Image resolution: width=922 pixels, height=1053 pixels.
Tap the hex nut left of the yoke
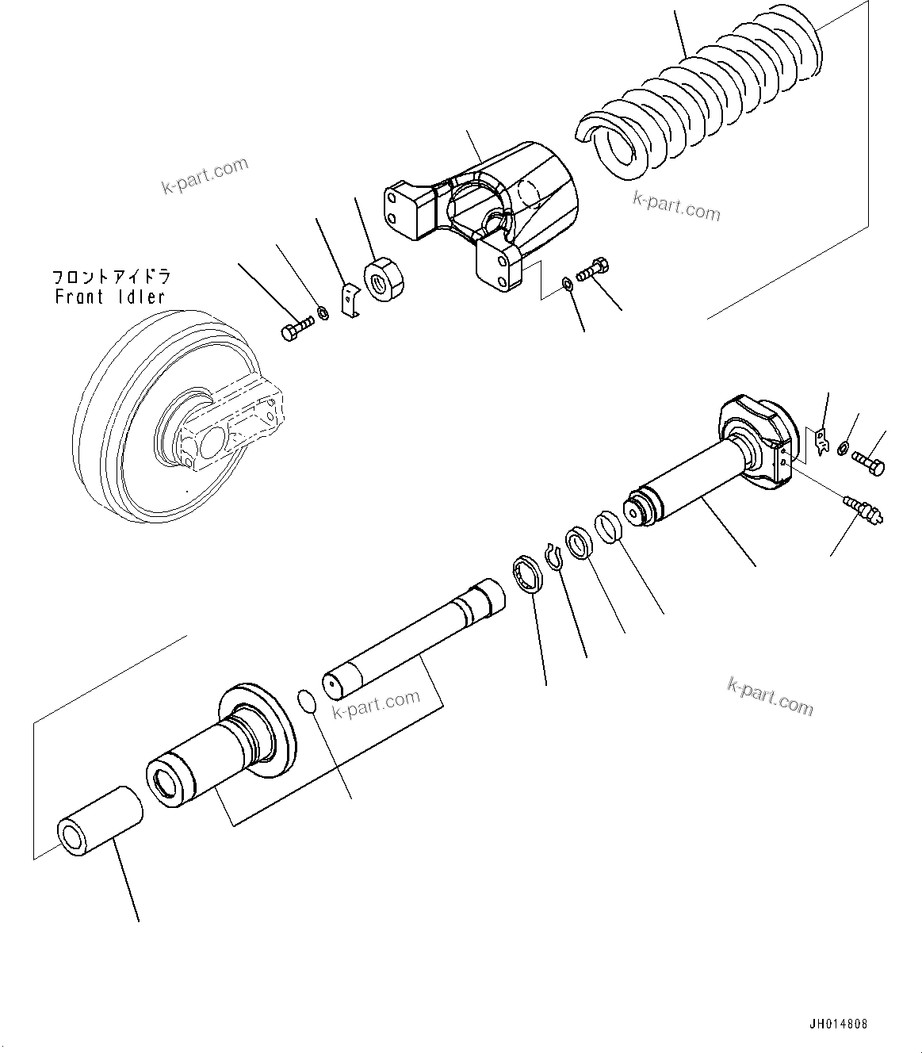click(x=384, y=278)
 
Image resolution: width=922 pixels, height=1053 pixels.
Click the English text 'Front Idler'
click(x=110, y=297)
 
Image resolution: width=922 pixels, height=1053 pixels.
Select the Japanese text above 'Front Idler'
click(x=111, y=277)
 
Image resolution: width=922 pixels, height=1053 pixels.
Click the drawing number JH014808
click(x=839, y=1024)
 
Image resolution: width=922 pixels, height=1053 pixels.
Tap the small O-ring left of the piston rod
click(x=307, y=701)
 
